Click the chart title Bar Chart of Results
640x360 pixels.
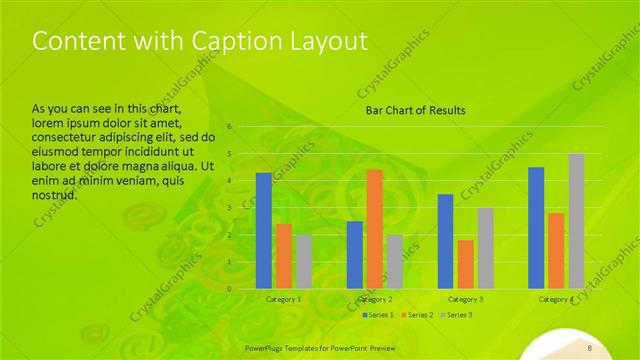click(x=414, y=110)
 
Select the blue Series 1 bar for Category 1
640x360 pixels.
click(x=264, y=231)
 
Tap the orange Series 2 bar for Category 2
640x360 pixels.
click(x=374, y=229)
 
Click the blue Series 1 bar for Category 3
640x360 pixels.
click(x=446, y=241)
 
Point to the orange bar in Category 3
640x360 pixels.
click(x=465, y=264)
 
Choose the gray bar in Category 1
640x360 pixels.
click(x=303, y=262)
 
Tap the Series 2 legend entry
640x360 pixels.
click(x=416, y=315)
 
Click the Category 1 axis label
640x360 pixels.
click(x=283, y=299)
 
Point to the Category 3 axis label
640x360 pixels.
click(x=465, y=299)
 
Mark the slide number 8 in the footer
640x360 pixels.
click(x=590, y=347)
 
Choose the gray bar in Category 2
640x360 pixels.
click(x=394, y=262)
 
